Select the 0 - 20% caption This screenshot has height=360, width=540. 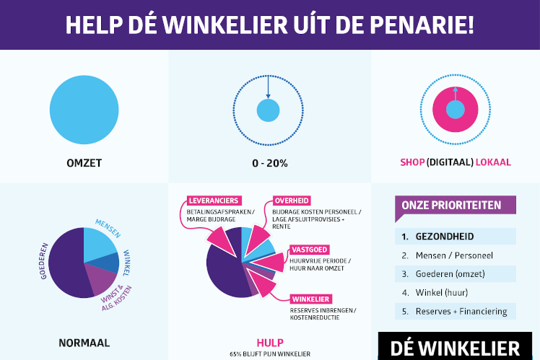click(x=269, y=163)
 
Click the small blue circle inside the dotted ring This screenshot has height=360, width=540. click(x=268, y=110)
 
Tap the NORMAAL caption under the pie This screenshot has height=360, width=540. click(x=84, y=343)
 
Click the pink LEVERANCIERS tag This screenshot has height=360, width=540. click(x=214, y=201)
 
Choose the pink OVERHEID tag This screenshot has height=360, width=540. click(x=292, y=201)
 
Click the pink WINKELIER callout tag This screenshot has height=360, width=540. click(x=312, y=299)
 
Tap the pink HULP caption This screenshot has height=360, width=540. click(x=269, y=343)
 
